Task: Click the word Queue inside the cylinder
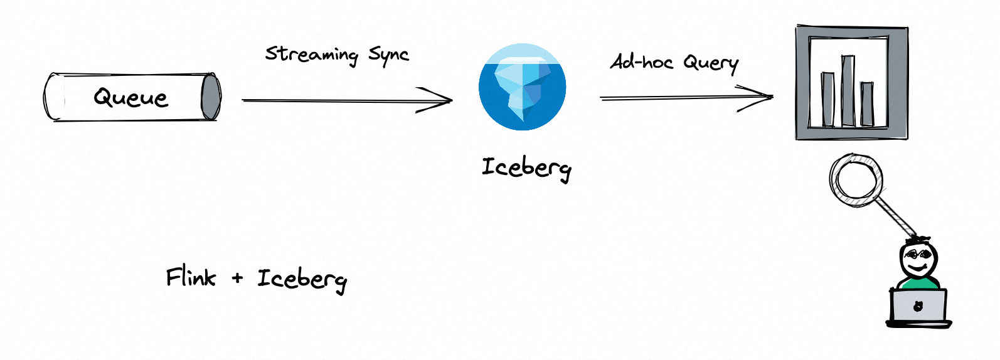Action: pyautogui.click(x=131, y=98)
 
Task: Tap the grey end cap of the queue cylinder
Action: pyautogui.click(x=211, y=97)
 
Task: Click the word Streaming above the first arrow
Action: pyautogui.click(x=311, y=55)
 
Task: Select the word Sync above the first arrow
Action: pyautogui.click(x=388, y=55)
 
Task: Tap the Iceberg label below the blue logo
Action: pyautogui.click(x=526, y=168)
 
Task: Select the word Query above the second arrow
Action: pyautogui.click(x=711, y=63)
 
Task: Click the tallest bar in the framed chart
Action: pyautogui.click(x=848, y=91)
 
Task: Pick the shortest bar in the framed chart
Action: pyautogui.click(x=867, y=103)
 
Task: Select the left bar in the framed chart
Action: pyautogui.click(x=828, y=99)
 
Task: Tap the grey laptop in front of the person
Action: pyautogui.click(x=918, y=307)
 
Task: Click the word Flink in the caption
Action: pyautogui.click(x=191, y=277)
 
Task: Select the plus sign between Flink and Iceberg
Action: pyautogui.click(x=237, y=278)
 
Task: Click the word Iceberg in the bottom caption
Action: pyautogui.click(x=302, y=280)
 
